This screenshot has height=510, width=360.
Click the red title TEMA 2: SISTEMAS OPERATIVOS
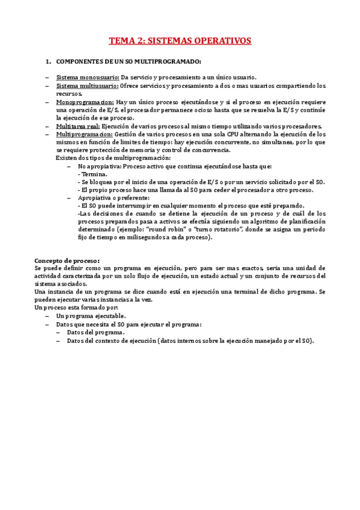(x=180, y=41)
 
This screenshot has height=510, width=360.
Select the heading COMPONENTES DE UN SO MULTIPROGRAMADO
(x=129, y=62)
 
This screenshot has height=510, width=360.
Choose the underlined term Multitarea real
(x=78, y=126)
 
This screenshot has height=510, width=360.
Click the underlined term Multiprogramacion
(x=84, y=135)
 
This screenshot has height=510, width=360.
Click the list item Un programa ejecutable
(x=91, y=316)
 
